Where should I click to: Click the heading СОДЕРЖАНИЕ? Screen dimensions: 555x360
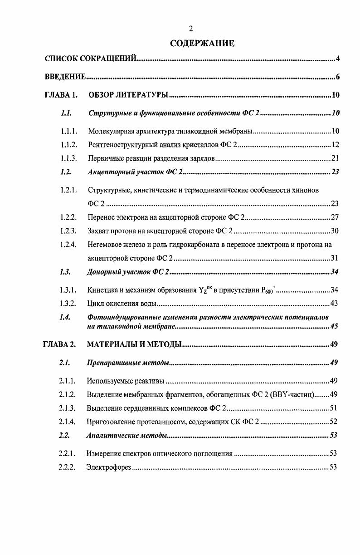(202, 44)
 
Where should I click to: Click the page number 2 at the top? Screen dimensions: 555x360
(191, 29)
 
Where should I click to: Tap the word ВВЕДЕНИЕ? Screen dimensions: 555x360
(65, 77)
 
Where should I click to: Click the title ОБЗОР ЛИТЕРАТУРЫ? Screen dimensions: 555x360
(128, 95)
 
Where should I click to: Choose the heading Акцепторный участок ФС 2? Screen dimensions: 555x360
(135, 172)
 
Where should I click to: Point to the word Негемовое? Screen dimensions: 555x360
(105, 245)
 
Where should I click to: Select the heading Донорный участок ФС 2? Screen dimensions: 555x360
(128, 272)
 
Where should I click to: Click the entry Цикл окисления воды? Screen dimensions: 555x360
(122, 303)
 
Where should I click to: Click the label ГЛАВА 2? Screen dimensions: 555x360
(59, 344)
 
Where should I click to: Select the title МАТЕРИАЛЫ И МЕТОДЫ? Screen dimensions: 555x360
(134, 344)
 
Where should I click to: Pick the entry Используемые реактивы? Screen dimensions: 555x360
(125, 380)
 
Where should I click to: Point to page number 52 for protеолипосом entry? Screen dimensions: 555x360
(333, 422)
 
